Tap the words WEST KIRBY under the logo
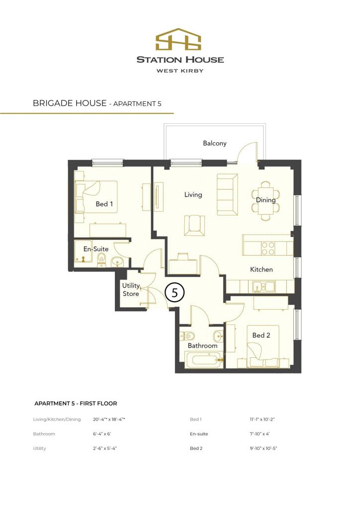point(180,71)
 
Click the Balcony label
point(214,143)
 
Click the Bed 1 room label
point(104,204)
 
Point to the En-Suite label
point(95,249)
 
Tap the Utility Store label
point(131,290)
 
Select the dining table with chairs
point(266,200)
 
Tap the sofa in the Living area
point(227,194)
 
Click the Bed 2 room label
point(261,336)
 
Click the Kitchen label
point(261,269)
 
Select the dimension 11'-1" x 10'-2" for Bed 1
point(262,420)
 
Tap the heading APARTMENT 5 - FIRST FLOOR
point(76,404)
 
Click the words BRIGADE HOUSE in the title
point(70,103)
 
